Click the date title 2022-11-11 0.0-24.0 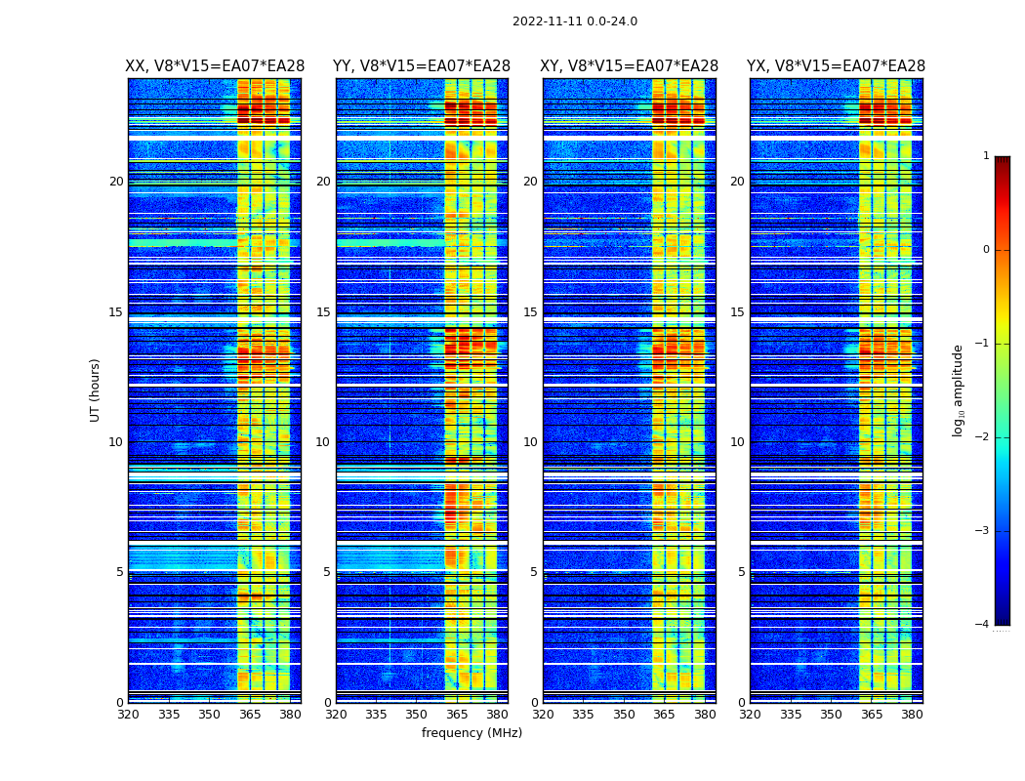coord(574,21)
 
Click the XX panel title coord(215,66)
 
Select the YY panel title coord(422,66)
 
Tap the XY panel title coord(630,66)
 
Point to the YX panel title coord(837,66)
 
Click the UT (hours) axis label coord(96,390)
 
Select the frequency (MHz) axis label coord(471,733)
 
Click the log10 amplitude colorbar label coord(959,390)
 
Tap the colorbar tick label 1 coord(986,156)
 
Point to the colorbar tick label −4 coord(983,625)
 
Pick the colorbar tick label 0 coord(986,250)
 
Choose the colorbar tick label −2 coord(983,437)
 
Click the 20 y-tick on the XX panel coord(116,182)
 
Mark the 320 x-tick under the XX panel coord(128,714)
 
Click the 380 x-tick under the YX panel coord(912,714)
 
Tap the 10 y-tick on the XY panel coord(530,442)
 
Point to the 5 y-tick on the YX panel coord(741,572)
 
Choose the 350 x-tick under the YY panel coord(417,714)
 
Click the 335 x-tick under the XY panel coord(583,714)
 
